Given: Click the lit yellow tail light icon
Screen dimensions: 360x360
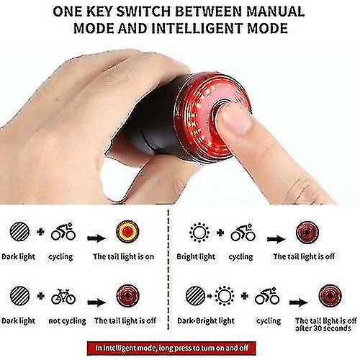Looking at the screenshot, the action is click(127, 231).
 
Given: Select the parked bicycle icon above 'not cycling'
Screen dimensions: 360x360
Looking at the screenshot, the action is click(63, 297).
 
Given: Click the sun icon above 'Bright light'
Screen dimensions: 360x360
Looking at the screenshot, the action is click(199, 233).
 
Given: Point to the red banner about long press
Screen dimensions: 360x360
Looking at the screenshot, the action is click(171, 348).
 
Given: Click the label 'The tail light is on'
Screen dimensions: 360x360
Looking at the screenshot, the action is click(124, 256).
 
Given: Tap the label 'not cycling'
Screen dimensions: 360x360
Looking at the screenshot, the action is click(67, 321).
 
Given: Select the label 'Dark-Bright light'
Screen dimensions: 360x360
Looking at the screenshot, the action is click(206, 321).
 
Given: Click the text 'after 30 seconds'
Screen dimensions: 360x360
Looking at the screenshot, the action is click(323, 328).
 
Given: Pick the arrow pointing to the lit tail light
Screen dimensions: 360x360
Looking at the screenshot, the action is click(96, 238).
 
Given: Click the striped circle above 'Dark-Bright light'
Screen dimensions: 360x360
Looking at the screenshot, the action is click(196, 296).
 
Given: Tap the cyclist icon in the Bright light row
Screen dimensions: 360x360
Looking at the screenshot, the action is click(243, 233).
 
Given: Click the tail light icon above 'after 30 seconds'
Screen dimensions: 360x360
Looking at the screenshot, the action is click(330, 296).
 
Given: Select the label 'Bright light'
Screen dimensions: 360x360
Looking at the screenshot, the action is click(196, 256).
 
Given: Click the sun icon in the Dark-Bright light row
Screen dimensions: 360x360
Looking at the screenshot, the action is click(224, 296).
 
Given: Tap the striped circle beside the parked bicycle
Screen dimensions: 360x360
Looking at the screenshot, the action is click(20, 296).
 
